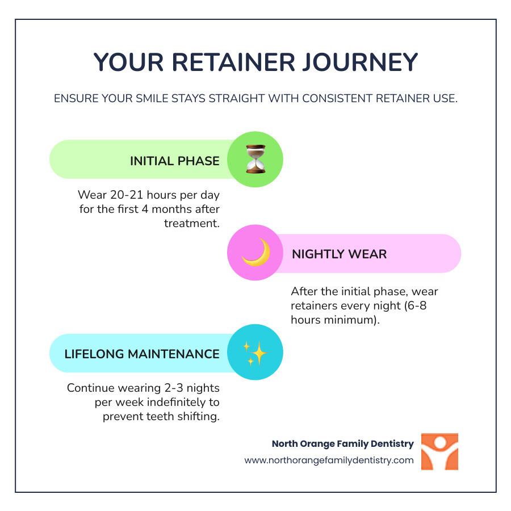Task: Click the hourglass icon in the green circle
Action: tap(255, 160)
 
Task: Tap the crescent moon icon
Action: tap(255, 253)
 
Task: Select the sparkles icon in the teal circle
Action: tap(255, 353)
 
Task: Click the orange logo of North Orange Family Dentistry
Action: tap(439, 452)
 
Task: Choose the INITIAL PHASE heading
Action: tap(175, 161)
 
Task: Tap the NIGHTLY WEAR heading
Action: tap(339, 254)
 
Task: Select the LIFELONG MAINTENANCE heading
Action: tap(142, 354)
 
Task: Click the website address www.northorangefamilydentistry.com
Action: tap(329, 460)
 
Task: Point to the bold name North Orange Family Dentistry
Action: tap(342, 443)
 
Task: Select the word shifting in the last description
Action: tap(199, 416)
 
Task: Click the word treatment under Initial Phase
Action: tap(191, 224)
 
